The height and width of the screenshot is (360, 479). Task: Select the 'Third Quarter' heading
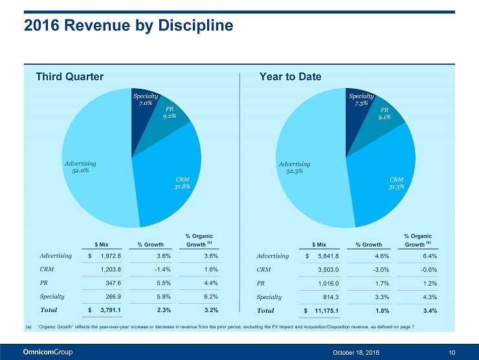[69, 76]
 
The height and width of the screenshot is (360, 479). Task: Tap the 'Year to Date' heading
[290, 76]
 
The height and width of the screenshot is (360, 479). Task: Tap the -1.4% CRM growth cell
[153, 270]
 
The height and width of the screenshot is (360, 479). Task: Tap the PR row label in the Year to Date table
[260, 284]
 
